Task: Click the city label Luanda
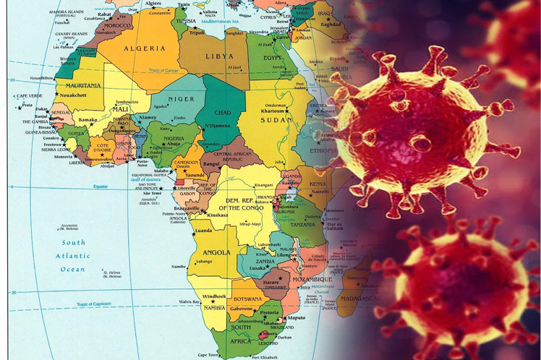(x=203, y=231)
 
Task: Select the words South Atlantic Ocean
(x=73, y=256)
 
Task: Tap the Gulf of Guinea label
(x=156, y=178)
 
